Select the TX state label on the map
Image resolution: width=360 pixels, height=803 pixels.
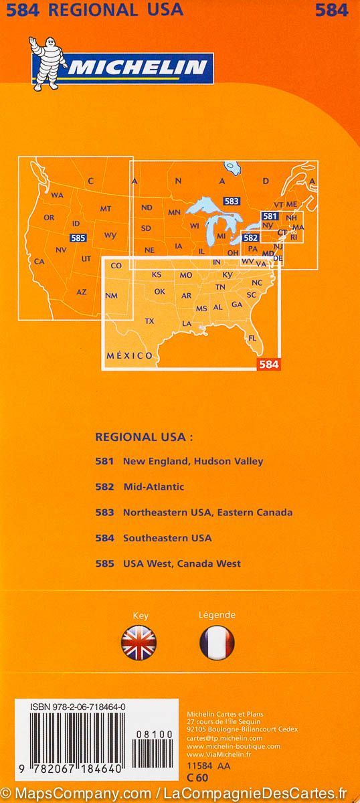click(149, 321)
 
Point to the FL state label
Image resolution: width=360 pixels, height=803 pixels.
click(252, 338)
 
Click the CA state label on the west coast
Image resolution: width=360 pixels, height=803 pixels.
click(39, 262)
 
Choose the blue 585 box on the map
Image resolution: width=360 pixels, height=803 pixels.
click(78, 238)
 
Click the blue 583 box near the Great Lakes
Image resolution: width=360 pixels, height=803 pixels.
click(232, 201)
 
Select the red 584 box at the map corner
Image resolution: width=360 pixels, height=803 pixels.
click(267, 364)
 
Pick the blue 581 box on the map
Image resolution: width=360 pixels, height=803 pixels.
click(270, 216)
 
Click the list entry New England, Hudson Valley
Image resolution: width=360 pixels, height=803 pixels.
click(193, 461)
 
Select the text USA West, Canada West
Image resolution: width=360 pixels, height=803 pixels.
click(181, 563)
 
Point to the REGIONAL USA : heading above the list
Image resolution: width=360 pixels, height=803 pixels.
click(144, 436)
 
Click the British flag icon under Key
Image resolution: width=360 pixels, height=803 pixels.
click(139, 644)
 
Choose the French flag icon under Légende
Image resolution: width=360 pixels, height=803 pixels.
click(217, 644)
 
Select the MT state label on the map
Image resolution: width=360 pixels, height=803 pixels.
click(105, 209)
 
